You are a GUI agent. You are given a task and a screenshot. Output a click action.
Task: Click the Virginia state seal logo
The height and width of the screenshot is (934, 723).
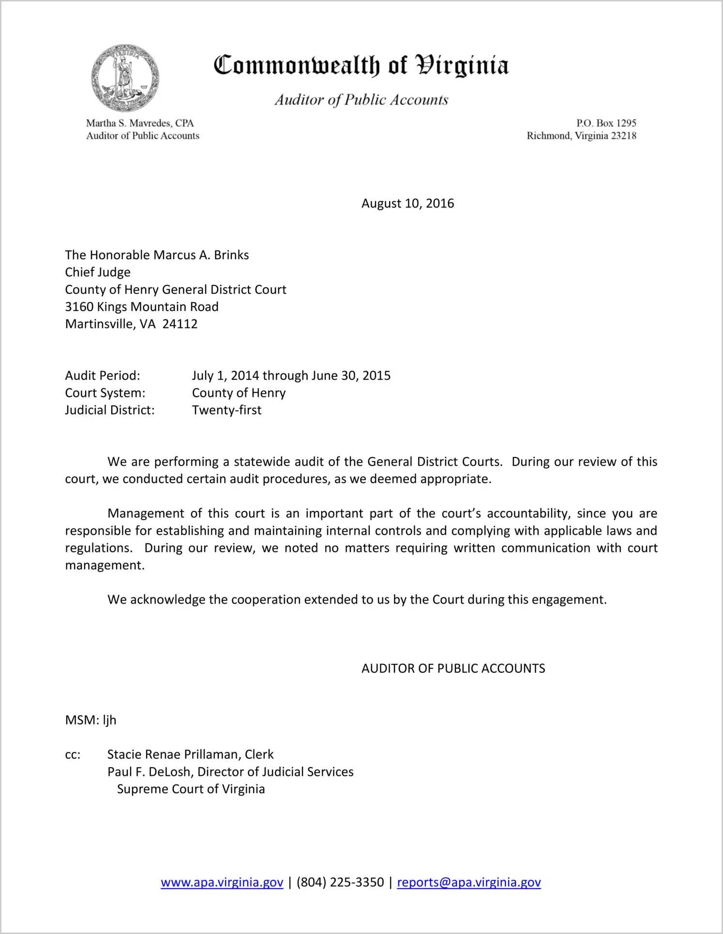point(125,78)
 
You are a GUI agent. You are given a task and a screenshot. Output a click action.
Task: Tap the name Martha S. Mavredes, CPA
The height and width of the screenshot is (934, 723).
point(140,123)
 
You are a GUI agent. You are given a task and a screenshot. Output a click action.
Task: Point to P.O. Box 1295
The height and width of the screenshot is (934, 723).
point(606,123)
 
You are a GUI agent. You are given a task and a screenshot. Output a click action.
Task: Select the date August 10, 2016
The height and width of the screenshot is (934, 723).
point(407,204)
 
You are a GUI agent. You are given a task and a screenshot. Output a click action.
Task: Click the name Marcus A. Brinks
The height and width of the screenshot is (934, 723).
point(201,255)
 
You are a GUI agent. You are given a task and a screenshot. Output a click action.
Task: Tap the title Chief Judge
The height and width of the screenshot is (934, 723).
point(98,272)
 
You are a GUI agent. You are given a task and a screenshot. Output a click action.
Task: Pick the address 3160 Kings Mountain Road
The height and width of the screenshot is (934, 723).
point(142,307)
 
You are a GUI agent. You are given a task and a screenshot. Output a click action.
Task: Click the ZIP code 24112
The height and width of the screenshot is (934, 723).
point(180,324)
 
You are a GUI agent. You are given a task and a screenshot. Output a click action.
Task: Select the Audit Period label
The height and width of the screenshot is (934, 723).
point(103,376)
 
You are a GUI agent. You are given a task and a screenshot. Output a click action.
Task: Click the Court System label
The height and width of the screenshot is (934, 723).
point(105,393)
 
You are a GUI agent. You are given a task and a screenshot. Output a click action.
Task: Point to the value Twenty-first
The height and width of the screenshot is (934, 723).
point(226,410)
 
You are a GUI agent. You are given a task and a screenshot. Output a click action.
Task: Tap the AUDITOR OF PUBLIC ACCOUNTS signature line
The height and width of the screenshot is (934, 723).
point(453,668)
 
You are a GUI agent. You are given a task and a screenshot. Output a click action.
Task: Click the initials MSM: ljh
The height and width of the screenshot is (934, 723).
point(90,720)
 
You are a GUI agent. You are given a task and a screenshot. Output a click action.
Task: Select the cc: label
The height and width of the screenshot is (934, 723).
point(73,755)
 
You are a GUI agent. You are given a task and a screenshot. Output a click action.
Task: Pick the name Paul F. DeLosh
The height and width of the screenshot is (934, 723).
point(149,772)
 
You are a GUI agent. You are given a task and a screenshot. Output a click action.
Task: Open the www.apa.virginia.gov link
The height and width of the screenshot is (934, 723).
point(222,882)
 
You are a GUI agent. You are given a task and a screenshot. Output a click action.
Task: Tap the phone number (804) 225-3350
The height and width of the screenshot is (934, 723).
point(340,882)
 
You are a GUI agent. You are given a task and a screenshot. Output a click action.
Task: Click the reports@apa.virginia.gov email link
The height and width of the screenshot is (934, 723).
point(468,882)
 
